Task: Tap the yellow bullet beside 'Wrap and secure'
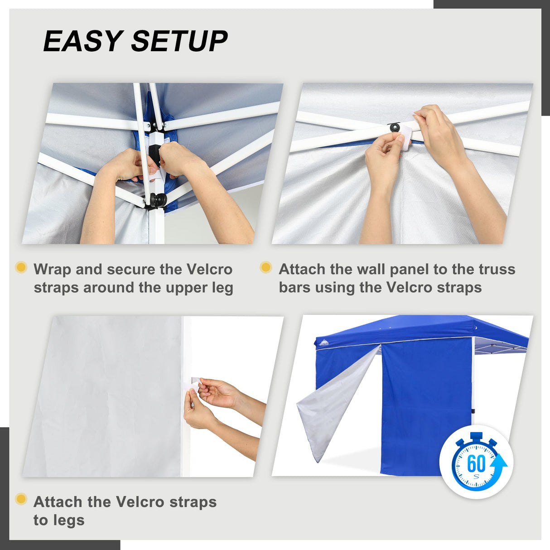21,267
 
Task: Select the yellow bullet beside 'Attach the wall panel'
266,267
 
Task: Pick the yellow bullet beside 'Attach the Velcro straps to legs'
21,499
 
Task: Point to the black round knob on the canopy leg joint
159,199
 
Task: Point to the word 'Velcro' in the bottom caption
140,502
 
